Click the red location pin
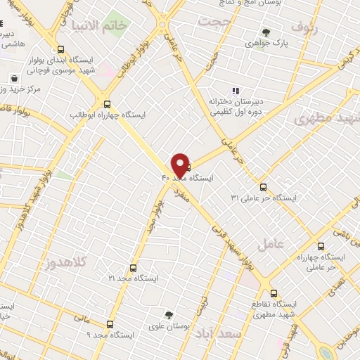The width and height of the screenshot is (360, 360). [x=180, y=164]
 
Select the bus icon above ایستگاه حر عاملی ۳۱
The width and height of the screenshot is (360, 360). [x=264, y=187]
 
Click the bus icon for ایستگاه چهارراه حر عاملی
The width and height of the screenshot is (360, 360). [x=321, y=247]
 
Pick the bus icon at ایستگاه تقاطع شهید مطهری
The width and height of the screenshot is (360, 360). [x=274, y=292]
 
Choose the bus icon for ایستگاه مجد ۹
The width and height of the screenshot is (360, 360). [x=110, y=324]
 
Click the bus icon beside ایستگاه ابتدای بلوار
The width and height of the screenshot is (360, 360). [x=60, y=50]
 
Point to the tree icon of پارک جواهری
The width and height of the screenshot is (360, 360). [x=266, y=32]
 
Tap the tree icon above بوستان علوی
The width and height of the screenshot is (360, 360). [x=168, y=315]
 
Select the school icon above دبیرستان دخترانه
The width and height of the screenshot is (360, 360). [x=235, y=90]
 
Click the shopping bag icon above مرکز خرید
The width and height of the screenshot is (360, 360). [x=14, y=79]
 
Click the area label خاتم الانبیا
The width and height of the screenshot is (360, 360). [x=114, y=27]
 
